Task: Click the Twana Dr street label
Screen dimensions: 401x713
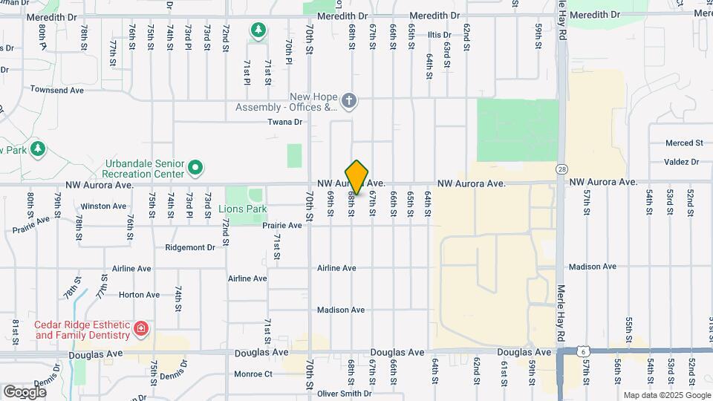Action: (285, 122)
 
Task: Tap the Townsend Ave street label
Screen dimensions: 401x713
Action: (57, 90)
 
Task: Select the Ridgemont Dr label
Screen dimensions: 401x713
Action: (190, 247)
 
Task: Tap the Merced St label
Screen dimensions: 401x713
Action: (684, 143)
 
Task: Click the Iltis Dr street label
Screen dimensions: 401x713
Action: (439, 35)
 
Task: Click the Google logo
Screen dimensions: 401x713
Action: (25, 391)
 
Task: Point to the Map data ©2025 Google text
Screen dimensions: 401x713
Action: (666, 395)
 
